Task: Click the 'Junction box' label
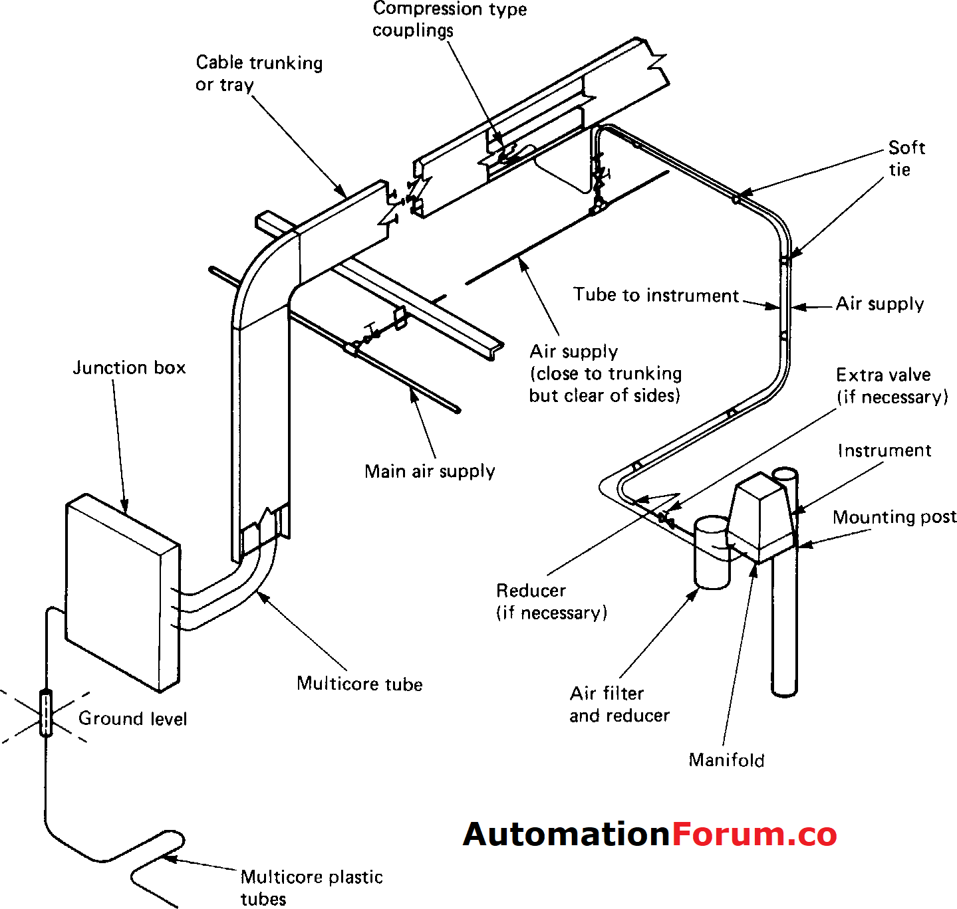pos(129,367)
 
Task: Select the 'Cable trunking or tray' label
pos(259,73)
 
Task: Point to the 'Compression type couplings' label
pos(449,19)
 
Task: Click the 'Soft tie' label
pos(906,158)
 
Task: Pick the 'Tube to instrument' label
pos(656,295)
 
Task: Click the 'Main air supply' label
pos(430,471)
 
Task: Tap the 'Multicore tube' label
pos(359,684)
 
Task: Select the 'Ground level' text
pos(132,718)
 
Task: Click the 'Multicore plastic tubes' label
pos(311,887)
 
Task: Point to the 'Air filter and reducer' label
pos(618,704)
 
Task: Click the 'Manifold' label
pos(726,759)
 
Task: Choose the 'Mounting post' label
pos(894,517)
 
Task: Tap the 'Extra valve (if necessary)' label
pos(891,385)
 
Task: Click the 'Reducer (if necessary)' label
pos(551,601)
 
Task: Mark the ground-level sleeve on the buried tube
pos(45,713)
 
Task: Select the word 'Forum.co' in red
pos(754,835)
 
